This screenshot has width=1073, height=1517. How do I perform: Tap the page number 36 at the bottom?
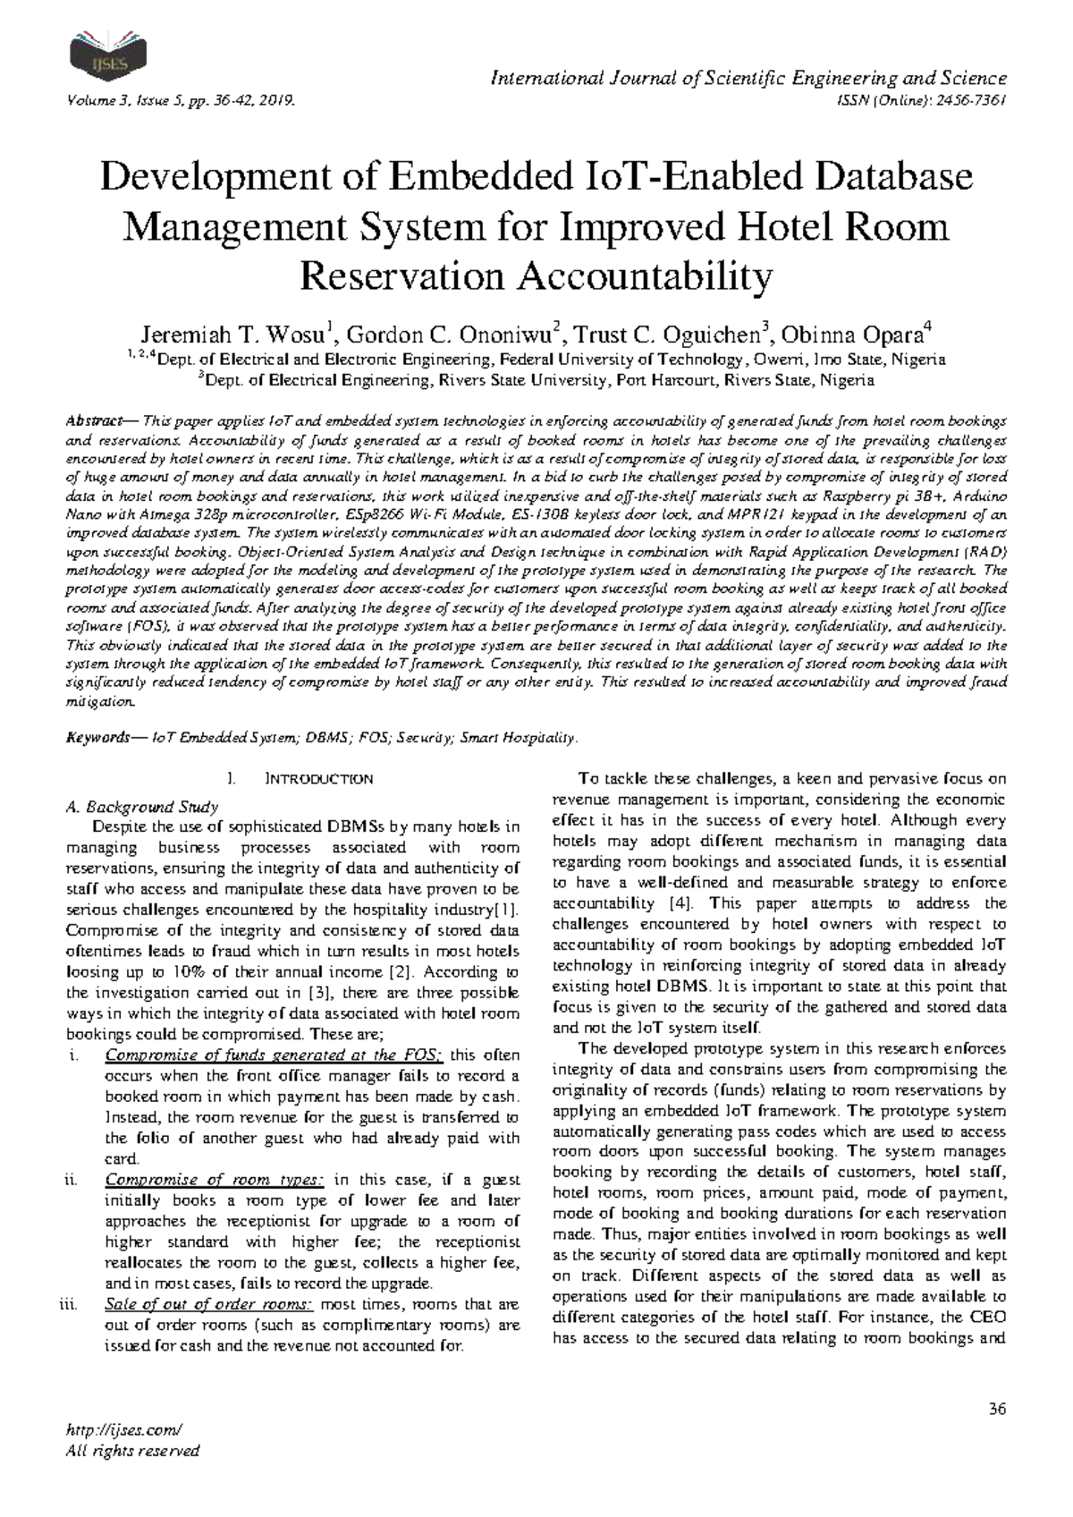[998, 1410]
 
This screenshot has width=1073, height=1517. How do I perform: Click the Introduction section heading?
[319, 779]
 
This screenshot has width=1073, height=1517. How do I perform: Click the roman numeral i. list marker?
[74, 1055]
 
